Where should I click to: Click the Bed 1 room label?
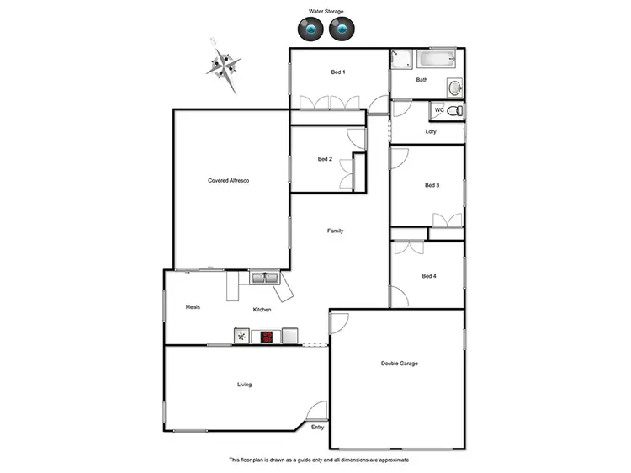click(x=338, y=72)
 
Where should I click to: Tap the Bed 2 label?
click(x=325, y=159)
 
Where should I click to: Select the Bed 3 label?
click(x=432, y=185)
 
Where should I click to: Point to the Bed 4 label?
click(x=429, y=276)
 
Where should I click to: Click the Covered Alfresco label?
click(x=229, y=181)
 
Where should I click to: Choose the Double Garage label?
click(x=400, y=364)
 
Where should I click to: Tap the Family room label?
click(x=335, y=231)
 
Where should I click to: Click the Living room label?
click(x=244, y=385)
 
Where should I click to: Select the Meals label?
click(x=193, y=307)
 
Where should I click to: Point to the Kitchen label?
click(x=262, y=311)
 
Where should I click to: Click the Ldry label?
click(x=431, y=131)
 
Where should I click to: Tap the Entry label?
click(x=317, y=428)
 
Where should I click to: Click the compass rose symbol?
click(x=225, y=65)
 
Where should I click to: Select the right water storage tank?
click(x=341, y=30)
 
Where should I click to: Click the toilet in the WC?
click(x=454, y=111)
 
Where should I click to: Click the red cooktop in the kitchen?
click(x=267, y=337)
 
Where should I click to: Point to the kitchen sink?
click(x=266, y=276)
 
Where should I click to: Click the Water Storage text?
click(x=326, y=12)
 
